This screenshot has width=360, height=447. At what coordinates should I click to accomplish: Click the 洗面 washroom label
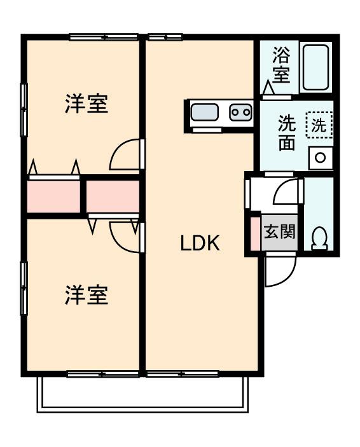(x=287, y=133)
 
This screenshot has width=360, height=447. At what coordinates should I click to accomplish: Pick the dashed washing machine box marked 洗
(x=319, y=125)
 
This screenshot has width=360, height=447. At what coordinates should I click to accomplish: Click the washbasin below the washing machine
(x=321, y=157)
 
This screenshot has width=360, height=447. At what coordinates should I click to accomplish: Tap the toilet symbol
(x=319, y=237)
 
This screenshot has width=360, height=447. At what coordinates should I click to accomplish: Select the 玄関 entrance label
(x=280, y=231)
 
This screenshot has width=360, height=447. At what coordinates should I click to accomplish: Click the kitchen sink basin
(x=205, y=113)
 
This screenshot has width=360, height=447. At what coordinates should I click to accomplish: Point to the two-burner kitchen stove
(x=240, y=113)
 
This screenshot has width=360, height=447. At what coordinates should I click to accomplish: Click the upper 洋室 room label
(x=86, y=104)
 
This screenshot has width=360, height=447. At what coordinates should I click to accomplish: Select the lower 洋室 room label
(x=86, y=294)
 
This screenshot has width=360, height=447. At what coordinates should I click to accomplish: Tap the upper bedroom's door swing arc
(x=125, y=155)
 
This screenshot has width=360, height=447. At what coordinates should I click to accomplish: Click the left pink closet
(x=54, y=197)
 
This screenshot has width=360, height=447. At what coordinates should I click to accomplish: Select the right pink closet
(x=113, y=196)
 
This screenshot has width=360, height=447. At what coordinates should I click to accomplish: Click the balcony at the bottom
(x=141, y=393)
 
